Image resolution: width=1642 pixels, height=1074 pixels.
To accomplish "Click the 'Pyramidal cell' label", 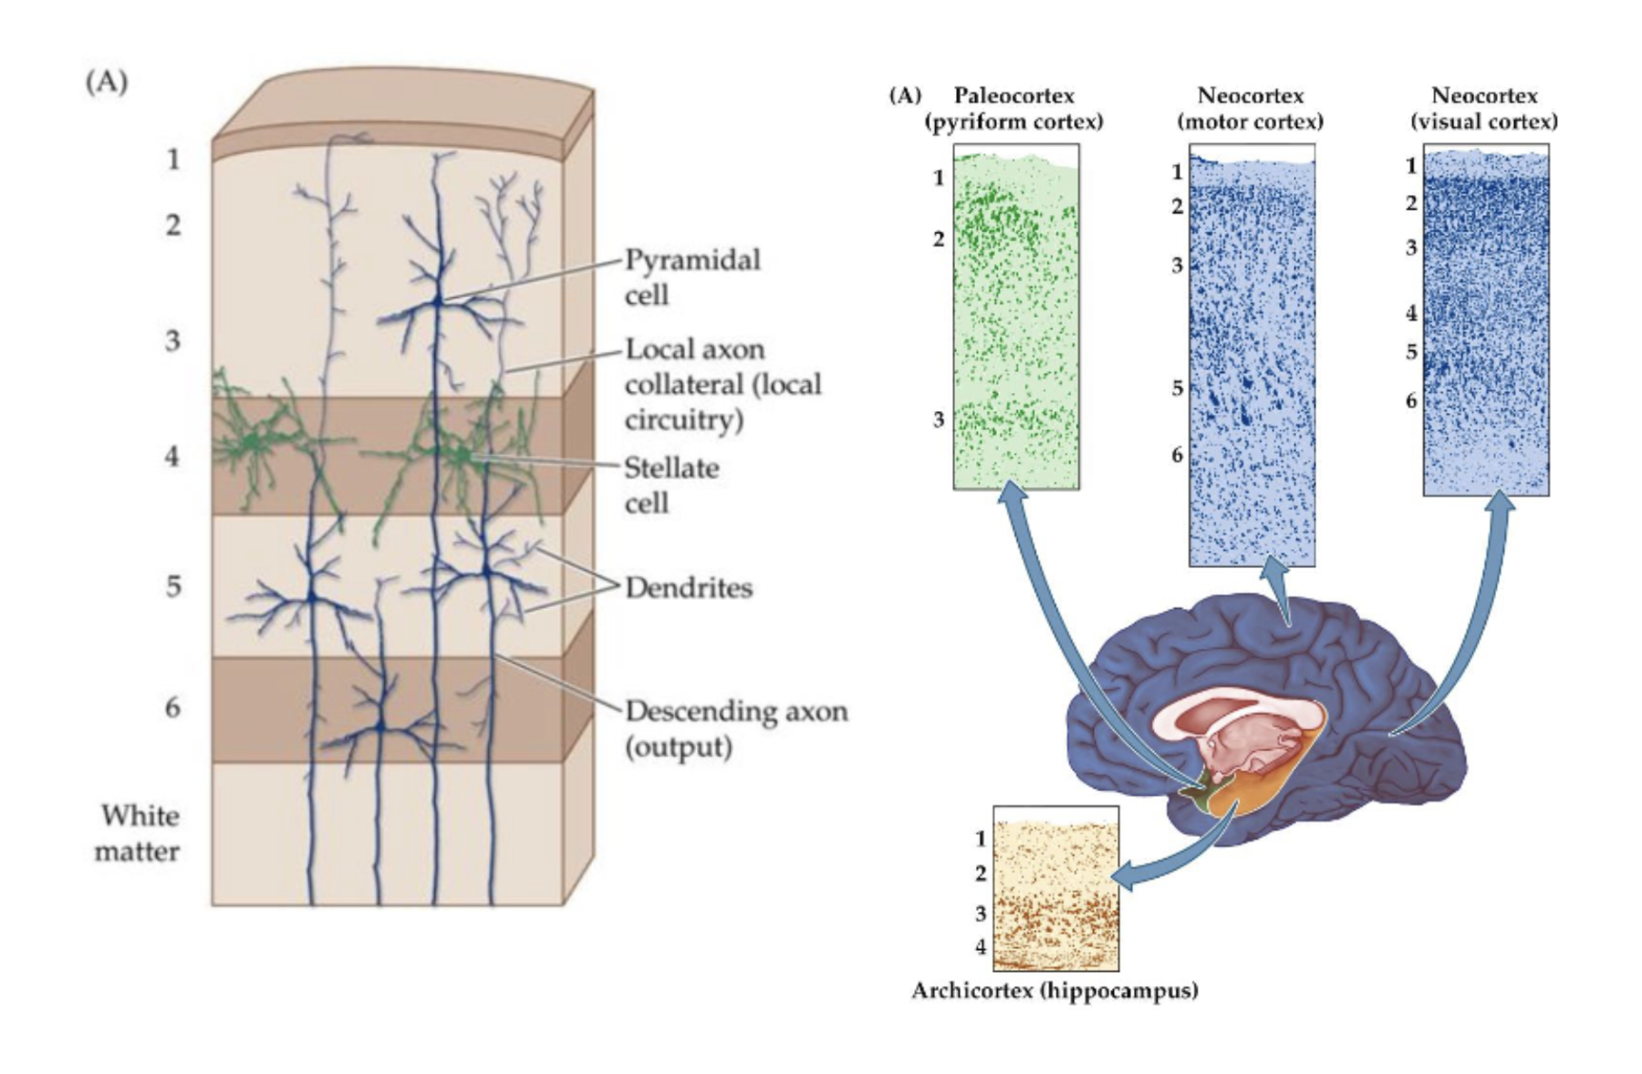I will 691,277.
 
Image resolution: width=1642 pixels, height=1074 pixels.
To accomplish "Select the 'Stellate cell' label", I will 671,485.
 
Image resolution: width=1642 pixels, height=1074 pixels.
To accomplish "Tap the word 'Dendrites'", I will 689,588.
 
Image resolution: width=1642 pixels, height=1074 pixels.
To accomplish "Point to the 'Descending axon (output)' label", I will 736,728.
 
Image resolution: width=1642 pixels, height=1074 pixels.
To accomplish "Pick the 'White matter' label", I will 139,833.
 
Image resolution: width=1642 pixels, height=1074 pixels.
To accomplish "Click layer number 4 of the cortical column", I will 172,456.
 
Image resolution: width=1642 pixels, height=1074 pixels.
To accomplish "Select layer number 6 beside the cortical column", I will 172,707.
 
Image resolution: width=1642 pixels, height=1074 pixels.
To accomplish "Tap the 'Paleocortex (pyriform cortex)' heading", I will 1013,108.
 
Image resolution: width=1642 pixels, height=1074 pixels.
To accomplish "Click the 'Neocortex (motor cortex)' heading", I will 1250,108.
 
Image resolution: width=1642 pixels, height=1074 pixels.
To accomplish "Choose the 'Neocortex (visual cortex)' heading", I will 1484,108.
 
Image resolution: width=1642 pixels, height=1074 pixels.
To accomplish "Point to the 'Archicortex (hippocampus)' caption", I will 1055,990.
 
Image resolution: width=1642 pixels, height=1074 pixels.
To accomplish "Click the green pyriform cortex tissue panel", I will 1016,319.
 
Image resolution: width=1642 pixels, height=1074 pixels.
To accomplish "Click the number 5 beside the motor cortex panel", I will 1178,388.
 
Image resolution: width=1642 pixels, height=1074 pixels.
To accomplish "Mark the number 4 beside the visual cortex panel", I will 1411,313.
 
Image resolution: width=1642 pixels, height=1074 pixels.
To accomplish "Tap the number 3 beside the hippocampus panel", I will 981,913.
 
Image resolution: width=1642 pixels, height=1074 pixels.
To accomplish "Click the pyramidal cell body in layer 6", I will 382,728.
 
